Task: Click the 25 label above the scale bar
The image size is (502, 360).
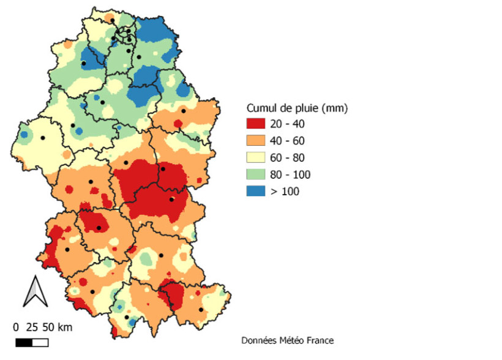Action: pos(32,327)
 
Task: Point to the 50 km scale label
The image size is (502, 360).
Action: pos(56,327)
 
